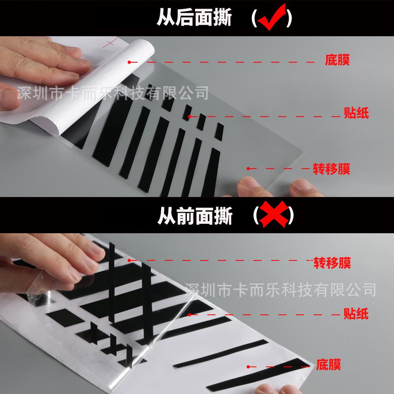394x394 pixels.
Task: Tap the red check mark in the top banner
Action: point(271,18)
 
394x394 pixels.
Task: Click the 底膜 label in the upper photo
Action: point(337,61)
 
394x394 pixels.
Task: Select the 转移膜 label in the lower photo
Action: point(332,262)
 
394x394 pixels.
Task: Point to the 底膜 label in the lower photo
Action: point(328,364)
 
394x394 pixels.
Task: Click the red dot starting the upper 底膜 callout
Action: point(129,62)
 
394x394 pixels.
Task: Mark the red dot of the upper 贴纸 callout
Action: point(190,116)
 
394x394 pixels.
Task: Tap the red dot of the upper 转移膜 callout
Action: point(248,168)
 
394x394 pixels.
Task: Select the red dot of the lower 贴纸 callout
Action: point(190,314)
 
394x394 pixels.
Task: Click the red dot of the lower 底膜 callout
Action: point(248,366)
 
